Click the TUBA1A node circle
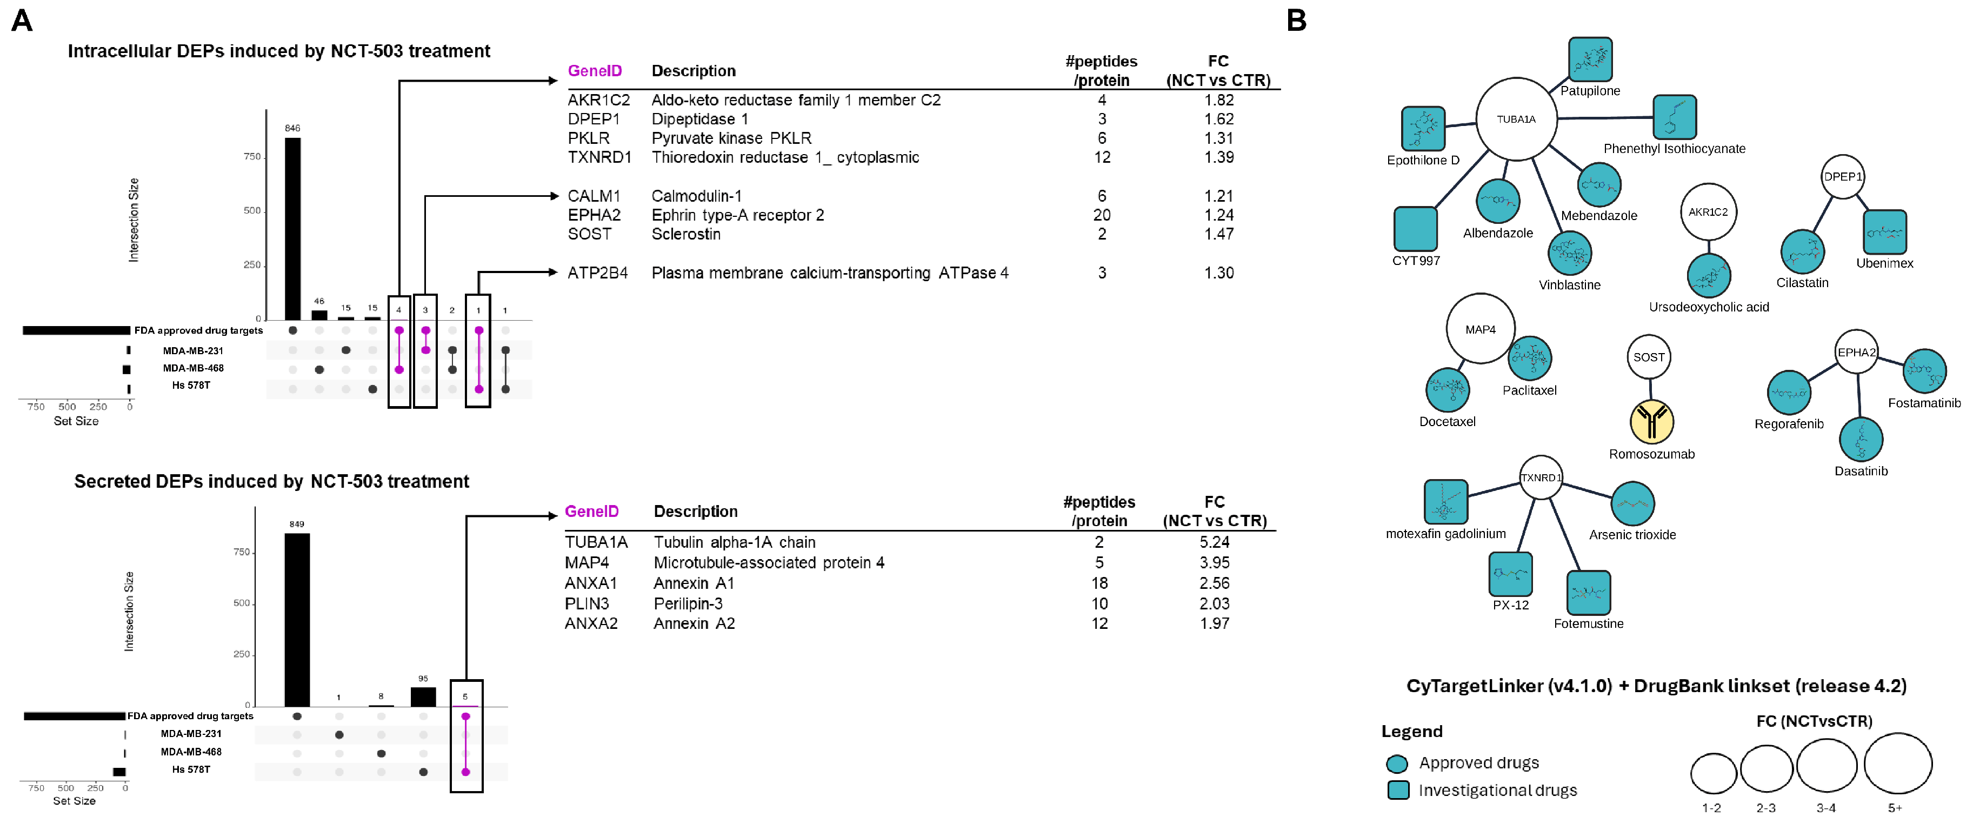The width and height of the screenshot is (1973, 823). click(1516, 120)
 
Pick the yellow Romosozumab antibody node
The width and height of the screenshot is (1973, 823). click(1651, 421)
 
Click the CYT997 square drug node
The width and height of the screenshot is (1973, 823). click(1415, 228)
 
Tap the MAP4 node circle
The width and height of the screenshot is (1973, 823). click(1480, 329)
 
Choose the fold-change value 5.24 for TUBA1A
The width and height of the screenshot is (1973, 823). click(1214, 542)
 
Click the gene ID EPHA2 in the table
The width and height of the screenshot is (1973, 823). click(594, 215)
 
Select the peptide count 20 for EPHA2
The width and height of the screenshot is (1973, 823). click(1102, 215)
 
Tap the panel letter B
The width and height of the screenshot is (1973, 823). click(1296, 21)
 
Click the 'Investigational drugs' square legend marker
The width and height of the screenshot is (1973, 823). click(1398, 790)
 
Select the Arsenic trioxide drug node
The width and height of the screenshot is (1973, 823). click(1632, 503)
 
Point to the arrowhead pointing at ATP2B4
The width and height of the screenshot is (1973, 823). click(553, 272)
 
